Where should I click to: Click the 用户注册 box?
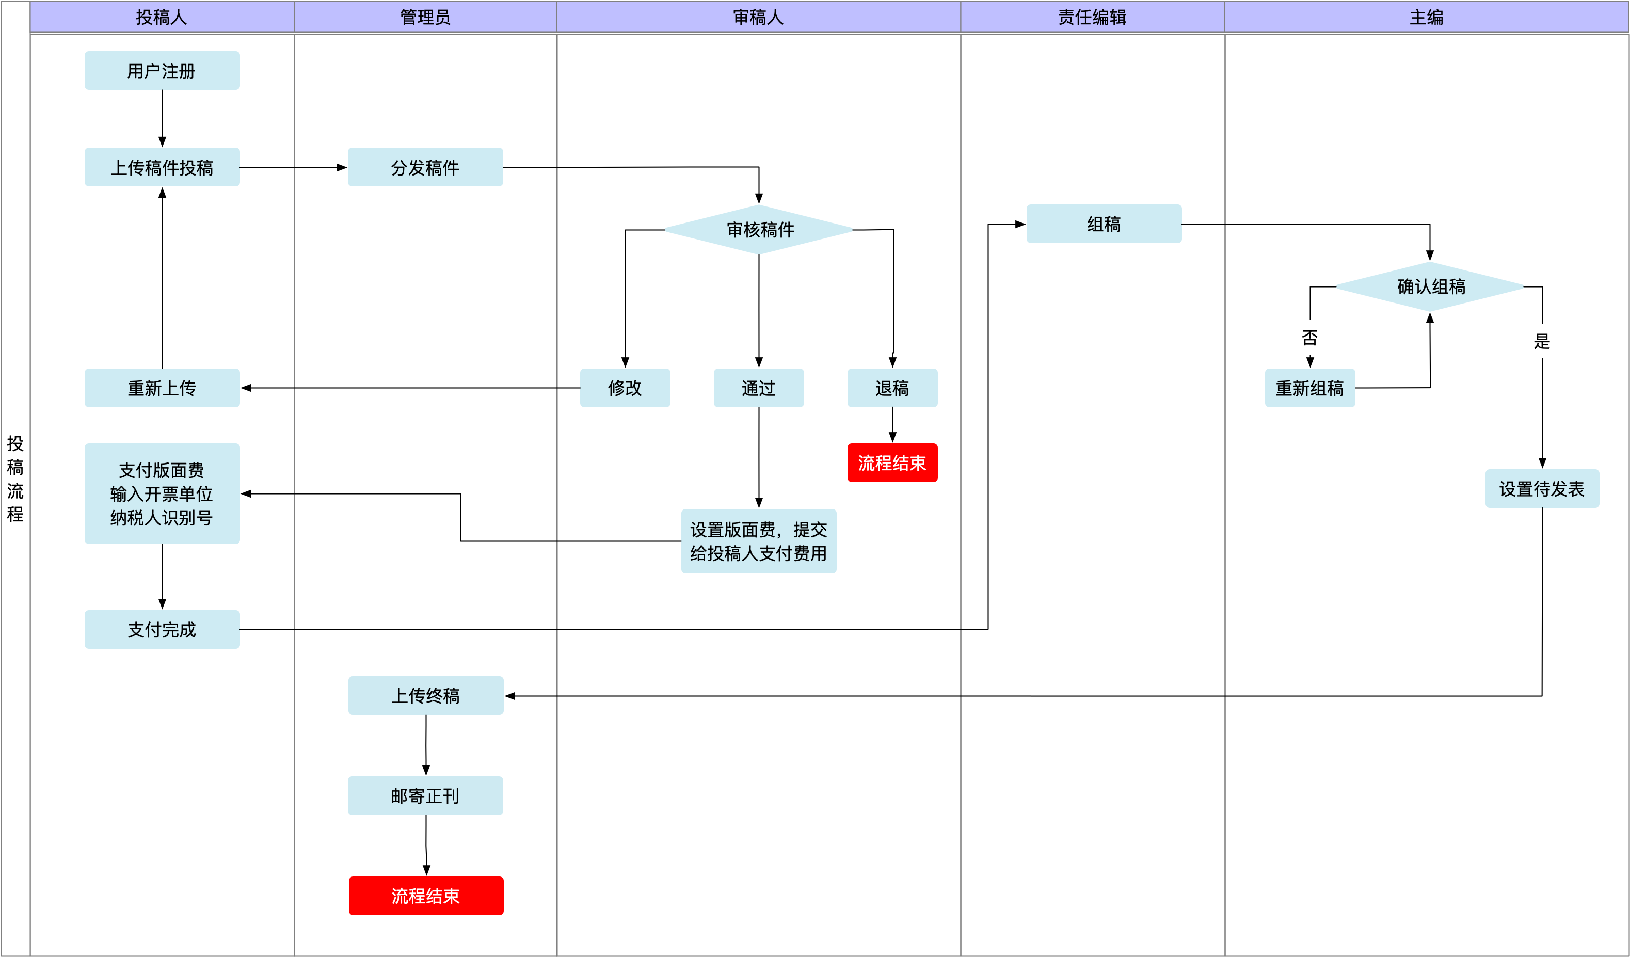[162, 71]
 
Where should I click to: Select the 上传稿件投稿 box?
[162, 168]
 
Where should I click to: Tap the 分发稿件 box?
[425, 168]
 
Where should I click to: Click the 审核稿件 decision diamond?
[759, 230]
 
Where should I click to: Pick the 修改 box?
[625, 388]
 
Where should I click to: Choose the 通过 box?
[759, 388]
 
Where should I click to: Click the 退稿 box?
[892, 388]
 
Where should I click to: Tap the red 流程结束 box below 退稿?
[892, 462]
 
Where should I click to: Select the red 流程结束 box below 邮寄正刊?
[426, 896]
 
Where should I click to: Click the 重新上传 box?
[162, 388]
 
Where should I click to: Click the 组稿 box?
[1104, 224]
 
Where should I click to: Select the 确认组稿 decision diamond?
[1430, 286]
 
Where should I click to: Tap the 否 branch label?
[1310, 338]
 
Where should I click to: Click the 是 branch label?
[1542, 341]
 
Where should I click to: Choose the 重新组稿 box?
[1310, 388]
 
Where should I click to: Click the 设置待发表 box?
[1542, 488]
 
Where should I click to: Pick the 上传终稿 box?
[426, 696]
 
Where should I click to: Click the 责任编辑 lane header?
[1092, 18]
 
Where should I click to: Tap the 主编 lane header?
[1426, 18]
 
